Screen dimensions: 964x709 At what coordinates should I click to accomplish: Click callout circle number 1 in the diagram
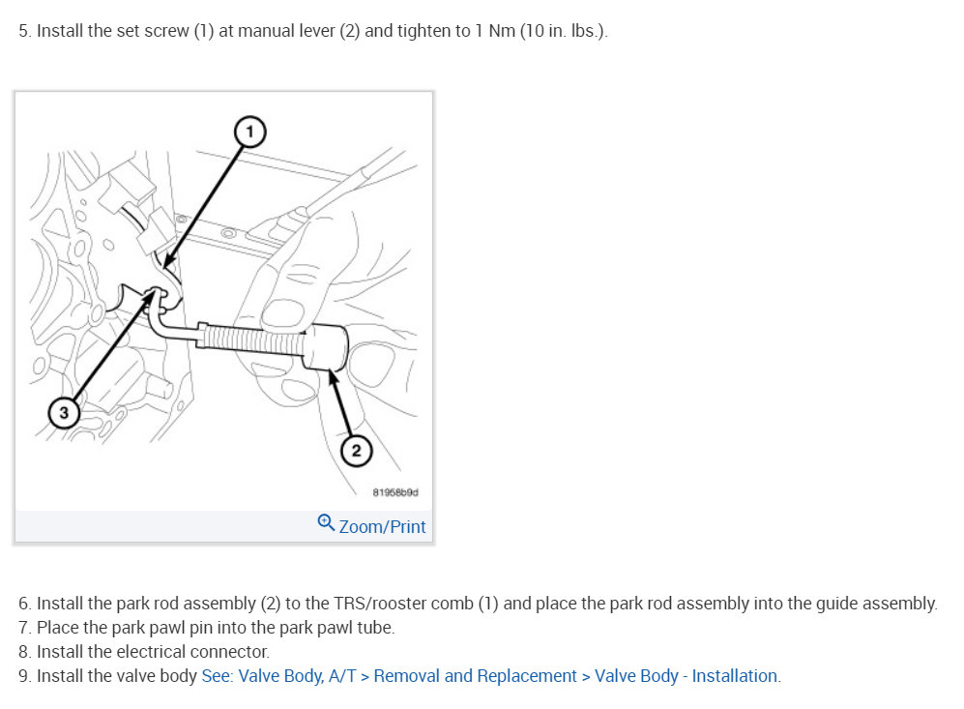point(249,132)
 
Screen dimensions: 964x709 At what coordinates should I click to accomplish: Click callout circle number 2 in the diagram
point(356,451)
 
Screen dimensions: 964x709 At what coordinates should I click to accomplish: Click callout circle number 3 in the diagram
point(64,412)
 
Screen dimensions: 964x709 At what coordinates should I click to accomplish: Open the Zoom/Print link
point(382,527)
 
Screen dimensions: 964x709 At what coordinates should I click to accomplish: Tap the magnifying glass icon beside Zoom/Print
point(326,522)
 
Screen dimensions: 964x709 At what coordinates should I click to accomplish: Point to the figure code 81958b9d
point(395,492)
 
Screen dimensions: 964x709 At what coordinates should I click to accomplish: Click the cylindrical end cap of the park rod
point(327,347)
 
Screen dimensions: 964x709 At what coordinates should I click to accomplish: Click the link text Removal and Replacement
point(476,676)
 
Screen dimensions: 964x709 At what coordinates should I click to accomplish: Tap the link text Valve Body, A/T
point(297,676)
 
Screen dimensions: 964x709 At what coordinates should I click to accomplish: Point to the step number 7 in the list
point(24,628)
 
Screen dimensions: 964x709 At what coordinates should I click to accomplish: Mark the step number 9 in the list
point(24,676)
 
